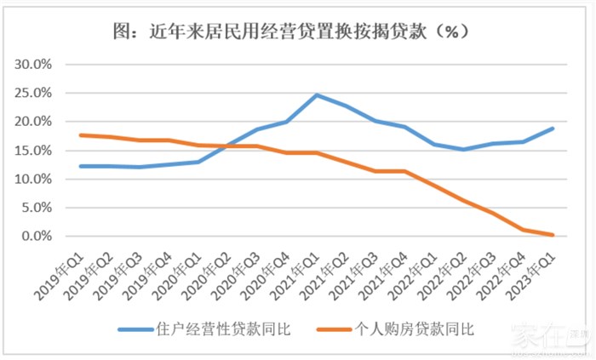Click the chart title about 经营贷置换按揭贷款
tap(297, 31)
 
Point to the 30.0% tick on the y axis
tap(34, 65)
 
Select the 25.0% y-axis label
tap(34, 94)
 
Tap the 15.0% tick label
tap(34, 151)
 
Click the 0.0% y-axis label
tap(37, 237)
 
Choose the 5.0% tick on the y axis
tap(37, 208)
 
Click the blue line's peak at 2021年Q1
tap(317, 94)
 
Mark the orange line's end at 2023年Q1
tap(554, 235)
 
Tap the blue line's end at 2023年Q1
tap(554, 129)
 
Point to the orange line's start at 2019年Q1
tap(79, 135)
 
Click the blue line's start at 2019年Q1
tap(79, 166)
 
